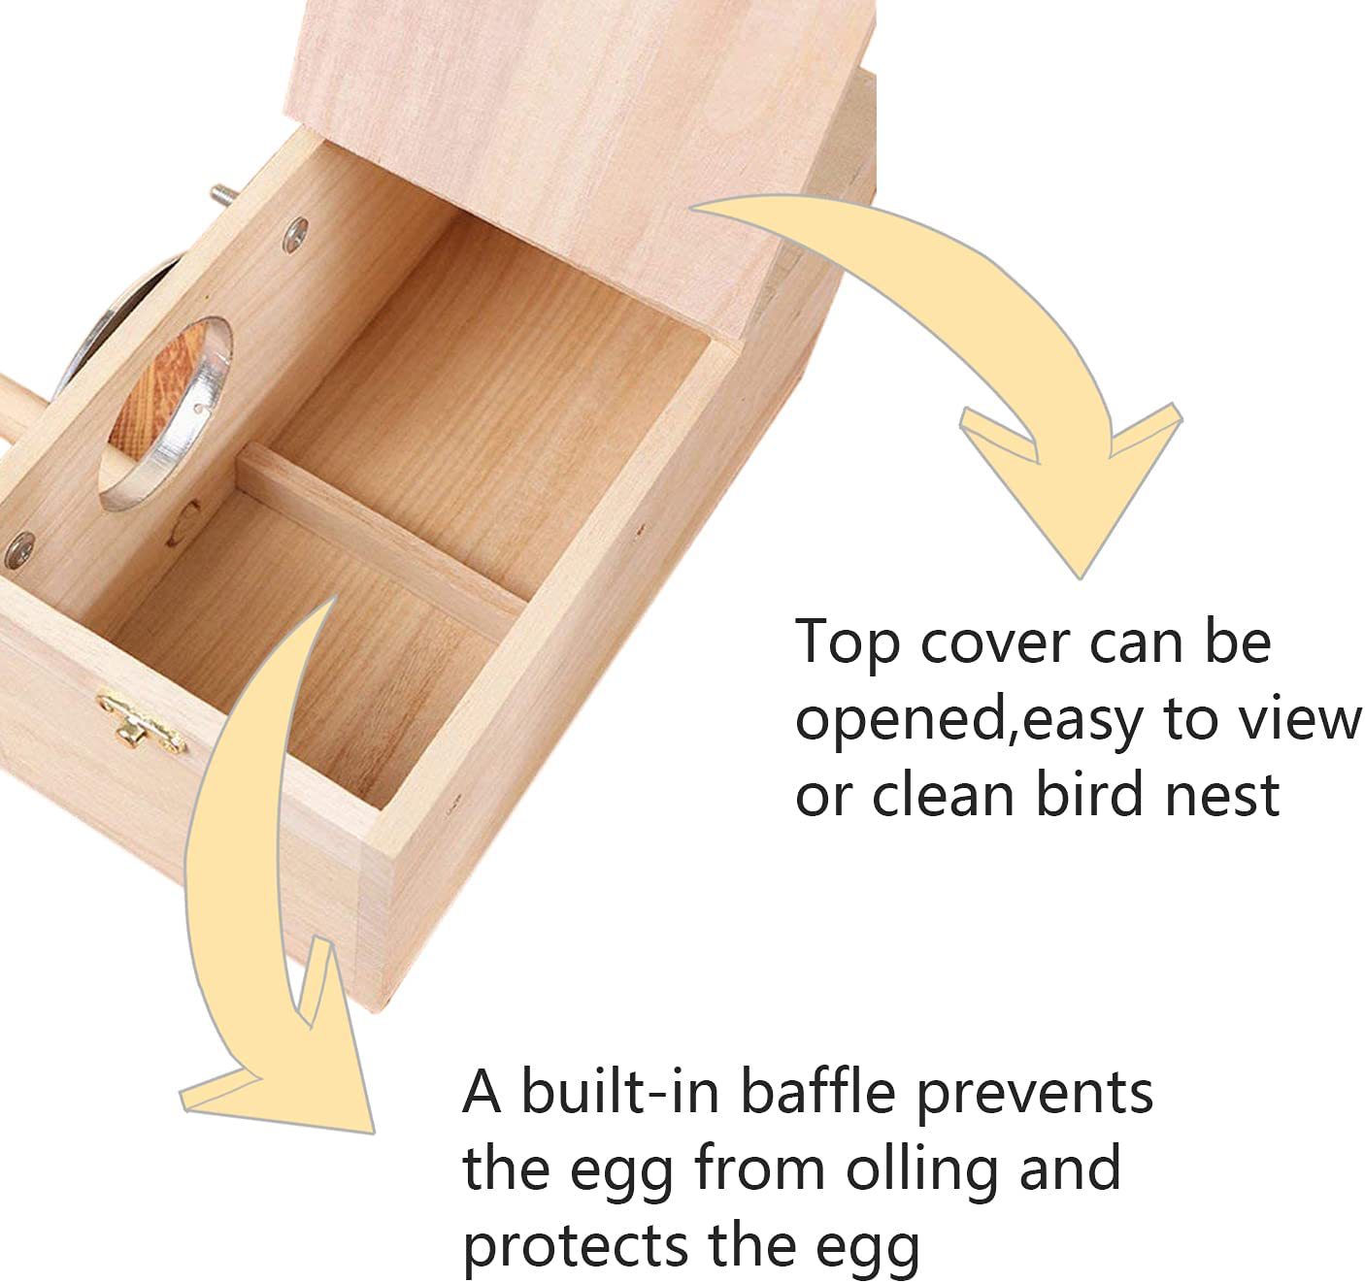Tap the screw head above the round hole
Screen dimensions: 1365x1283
(296, 234)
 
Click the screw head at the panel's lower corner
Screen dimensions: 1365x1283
(19, 550)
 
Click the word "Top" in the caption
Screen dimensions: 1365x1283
(847, 643)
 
